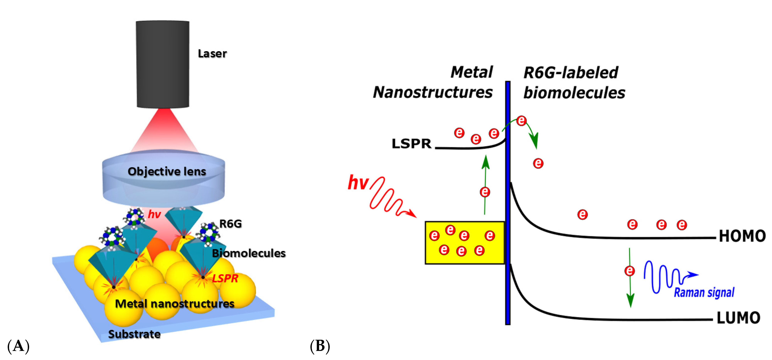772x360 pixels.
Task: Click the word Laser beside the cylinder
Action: [x=212, y=54]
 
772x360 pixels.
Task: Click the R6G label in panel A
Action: [x=230, y=224]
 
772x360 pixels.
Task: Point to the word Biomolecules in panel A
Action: [x=249, y=253]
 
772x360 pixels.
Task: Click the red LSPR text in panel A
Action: [x=225, y=278]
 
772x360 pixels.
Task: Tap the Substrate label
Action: [x=134, y=334]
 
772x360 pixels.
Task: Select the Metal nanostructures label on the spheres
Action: [x=174, y=304]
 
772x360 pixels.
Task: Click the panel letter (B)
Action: [x=320, y=346]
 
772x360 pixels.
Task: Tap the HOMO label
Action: [x=742, y=236]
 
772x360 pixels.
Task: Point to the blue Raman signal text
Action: [x=704, y=292]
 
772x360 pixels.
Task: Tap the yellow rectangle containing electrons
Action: [x=464, y=243]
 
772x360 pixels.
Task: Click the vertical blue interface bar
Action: [x=508, y=204]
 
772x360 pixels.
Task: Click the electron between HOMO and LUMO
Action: [x=630, y=271]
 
